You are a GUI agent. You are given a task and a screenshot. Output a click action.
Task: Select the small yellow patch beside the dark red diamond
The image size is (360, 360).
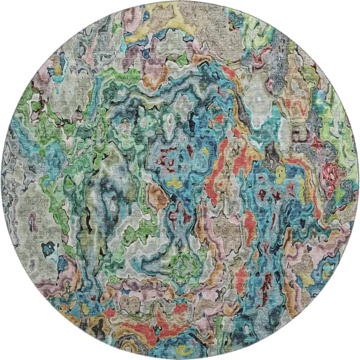205,151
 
